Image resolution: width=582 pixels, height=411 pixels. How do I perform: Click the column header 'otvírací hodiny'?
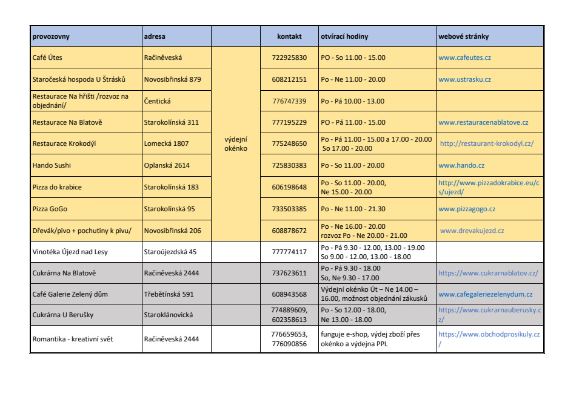pyautogui.click(x=344, y=36)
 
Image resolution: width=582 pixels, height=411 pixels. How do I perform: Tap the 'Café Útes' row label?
pyautogui.click(x=47, y=58)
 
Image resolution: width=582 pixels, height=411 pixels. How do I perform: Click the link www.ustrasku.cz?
pyautogui.click(x=464, y=79)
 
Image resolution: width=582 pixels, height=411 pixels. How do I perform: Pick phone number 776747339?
pyautogui.click(x=289, y=101)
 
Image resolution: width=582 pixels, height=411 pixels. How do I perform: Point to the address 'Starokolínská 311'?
pyautogui.click(x=171, y=122)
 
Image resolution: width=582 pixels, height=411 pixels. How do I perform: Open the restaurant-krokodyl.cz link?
pyautogui.click(x=487, y=144)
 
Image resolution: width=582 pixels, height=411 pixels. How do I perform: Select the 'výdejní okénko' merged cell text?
pyautogui.click(x=236, y=143)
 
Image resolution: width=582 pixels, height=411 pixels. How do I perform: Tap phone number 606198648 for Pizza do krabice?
pyautogui.click(x=289, y=187)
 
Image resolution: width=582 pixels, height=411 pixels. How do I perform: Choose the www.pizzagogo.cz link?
pyautogui.click(x=467, y=209)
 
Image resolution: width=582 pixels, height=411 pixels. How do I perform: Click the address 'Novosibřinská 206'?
pyautogui.click(x=172, y=231)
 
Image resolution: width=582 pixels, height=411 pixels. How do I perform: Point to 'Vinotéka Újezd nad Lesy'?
pyautogui.click(x=70, y=252)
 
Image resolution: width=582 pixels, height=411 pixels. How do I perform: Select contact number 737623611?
pyautogui.click(x=289, y=273)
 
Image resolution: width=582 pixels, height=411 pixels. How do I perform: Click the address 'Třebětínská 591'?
pyautogui.click(x=168, y=294)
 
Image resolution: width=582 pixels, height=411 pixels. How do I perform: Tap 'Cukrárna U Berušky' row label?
pyautogui.click(x=62, y=315)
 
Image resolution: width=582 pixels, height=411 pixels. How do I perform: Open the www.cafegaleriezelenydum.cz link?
pyautogui.click(x=485, y=294)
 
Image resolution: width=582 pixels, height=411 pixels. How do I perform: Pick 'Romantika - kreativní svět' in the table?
pyautogui.click(x=72, y=339)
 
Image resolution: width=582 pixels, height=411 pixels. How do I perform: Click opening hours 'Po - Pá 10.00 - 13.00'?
pyautogui.click(x=352, y=101)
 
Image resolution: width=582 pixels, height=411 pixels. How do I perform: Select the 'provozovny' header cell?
pyautogui.click(x=51, y=36)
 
